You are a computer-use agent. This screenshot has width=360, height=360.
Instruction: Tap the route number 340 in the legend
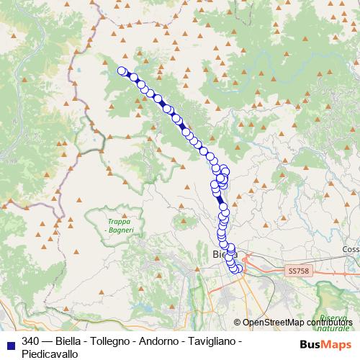click(x=31, y=341)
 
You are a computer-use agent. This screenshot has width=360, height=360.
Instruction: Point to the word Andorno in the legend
click(x=166, y=341)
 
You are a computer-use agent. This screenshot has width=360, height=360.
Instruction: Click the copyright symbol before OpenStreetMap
click(x=238, y=323)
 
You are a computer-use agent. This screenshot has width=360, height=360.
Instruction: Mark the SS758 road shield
click(x=297, y=271)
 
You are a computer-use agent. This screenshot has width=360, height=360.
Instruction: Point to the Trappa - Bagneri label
click(x=114, y=225)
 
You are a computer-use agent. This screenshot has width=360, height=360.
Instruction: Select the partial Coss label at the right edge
click(x=351, y=249)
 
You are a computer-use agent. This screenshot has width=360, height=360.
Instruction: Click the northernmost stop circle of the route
click(x=122, y=71)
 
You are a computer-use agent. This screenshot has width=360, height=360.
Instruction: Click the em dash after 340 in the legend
click(x=47, y=341)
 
